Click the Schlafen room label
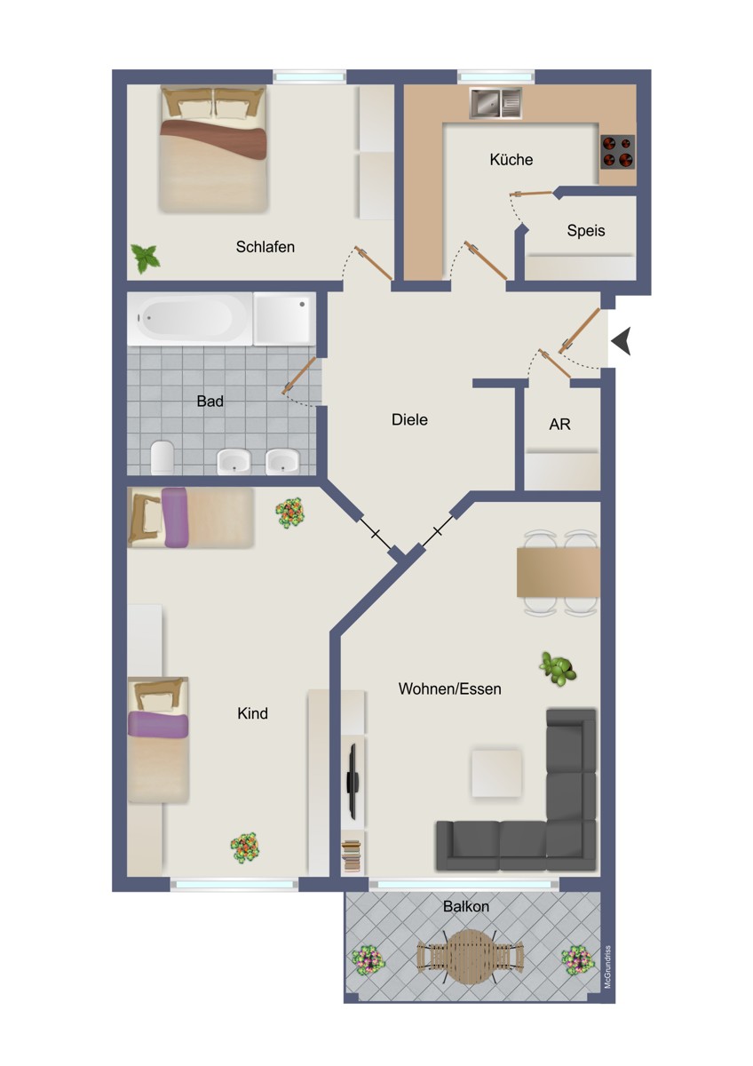click(265, 247)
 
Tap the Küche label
click(511, 159)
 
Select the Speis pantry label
click(585, 230)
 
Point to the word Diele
click(409, 419)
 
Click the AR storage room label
click(559, 424)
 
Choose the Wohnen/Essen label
click(449, 688)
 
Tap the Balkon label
click(465, 907)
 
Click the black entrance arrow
click(622, 341)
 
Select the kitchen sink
click(495, 102)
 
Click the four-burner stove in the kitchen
click(617, 152)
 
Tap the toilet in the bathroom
click(162, 457)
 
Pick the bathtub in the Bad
click(190, 318)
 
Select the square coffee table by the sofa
click(496, 774)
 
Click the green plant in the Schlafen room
click(146, 259)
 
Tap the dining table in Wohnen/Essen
click(558, 572)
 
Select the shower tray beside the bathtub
click(284, 318)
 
